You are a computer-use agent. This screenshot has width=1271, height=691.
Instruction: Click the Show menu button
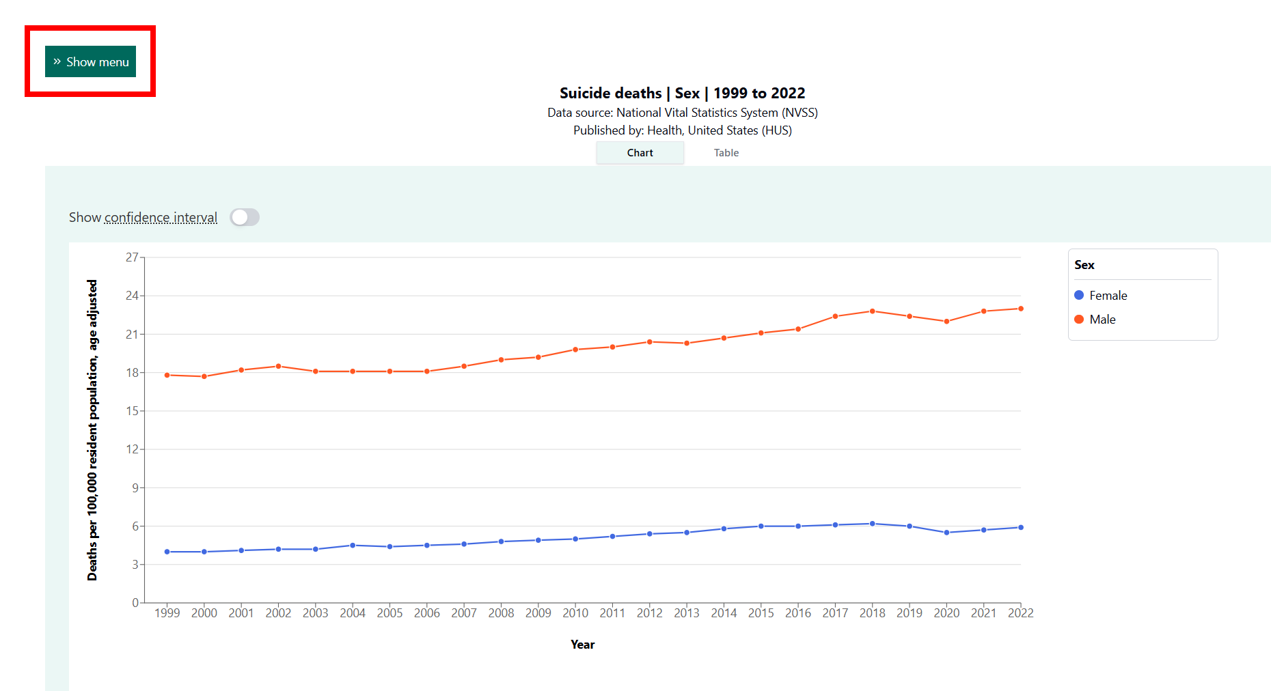[x=90, y=61]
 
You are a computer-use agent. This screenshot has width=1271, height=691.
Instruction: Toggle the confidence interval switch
[x=245, y=217]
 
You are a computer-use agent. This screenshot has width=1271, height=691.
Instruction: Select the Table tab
[x=726, y=153]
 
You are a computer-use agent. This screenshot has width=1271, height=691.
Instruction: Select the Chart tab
[x=640, y=153]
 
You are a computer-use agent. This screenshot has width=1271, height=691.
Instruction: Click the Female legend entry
[x=1101, y=296]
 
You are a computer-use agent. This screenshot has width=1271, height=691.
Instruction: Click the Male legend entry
[x=1095, y=320]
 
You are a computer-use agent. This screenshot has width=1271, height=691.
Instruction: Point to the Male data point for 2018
[x=873, y=311]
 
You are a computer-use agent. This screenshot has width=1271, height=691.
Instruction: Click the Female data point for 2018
[x=873, y=524]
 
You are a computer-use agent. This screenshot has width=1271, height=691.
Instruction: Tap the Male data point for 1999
[x=167, y=375]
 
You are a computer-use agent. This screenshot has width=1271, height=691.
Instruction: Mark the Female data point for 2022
[x=1021, y=527]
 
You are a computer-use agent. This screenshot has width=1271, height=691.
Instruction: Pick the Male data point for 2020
[x=946, y=322]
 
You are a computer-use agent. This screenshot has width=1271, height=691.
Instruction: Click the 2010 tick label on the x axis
[x=575, y=613]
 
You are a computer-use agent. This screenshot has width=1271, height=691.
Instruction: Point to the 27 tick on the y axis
[x=132, y=257]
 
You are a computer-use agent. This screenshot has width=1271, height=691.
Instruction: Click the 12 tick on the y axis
[x=132, y=449]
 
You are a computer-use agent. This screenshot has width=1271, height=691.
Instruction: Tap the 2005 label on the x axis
[x=389, y=613]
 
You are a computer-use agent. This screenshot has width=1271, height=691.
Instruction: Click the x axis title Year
[x=583, y=645]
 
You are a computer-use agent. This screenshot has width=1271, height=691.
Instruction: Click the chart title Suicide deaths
[x=611, y=93]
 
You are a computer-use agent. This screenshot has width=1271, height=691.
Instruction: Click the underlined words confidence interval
[x=161, y=217]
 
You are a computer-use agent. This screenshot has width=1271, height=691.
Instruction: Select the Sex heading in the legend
[x=1084, y=265]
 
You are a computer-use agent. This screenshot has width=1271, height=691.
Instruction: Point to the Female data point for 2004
[x=353, y=546]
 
